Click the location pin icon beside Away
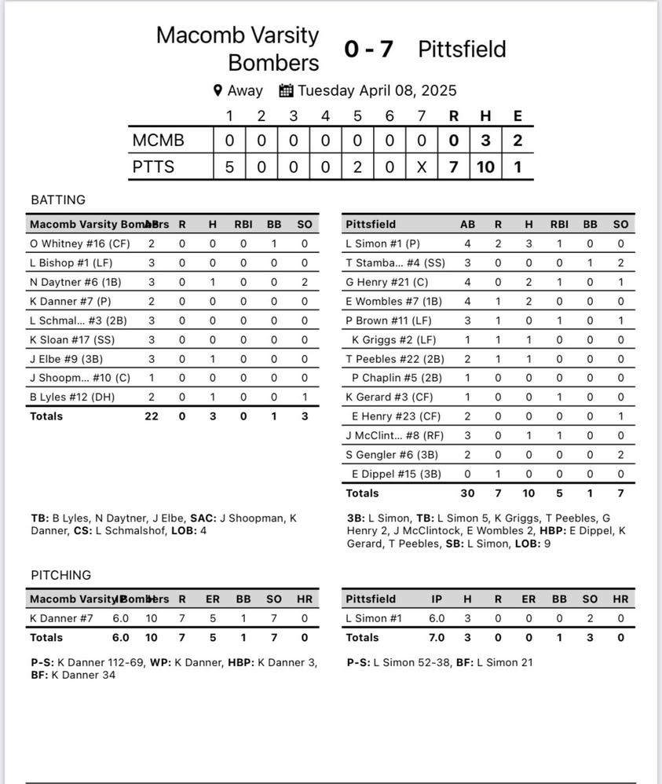pos(218,90)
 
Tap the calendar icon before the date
pos(286,90)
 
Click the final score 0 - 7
pos(368,49)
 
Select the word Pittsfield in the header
pos(462,49)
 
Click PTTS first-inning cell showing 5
pos(229,167)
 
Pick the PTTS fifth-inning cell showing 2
pos(357,167)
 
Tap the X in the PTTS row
pos(422,167)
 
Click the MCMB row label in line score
pos(159,140)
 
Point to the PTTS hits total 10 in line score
pos(485,167)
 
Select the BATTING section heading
pos(58,200)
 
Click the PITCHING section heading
pos(60,575)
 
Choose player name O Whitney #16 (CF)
pos(79,244)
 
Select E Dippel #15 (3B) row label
pos(397,474)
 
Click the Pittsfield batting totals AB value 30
pos(467,493)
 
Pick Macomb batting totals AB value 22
pos(152,416)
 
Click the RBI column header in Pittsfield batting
pos(559,224)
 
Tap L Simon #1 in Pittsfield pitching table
pos(374,618)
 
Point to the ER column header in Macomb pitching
pos(213,599)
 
